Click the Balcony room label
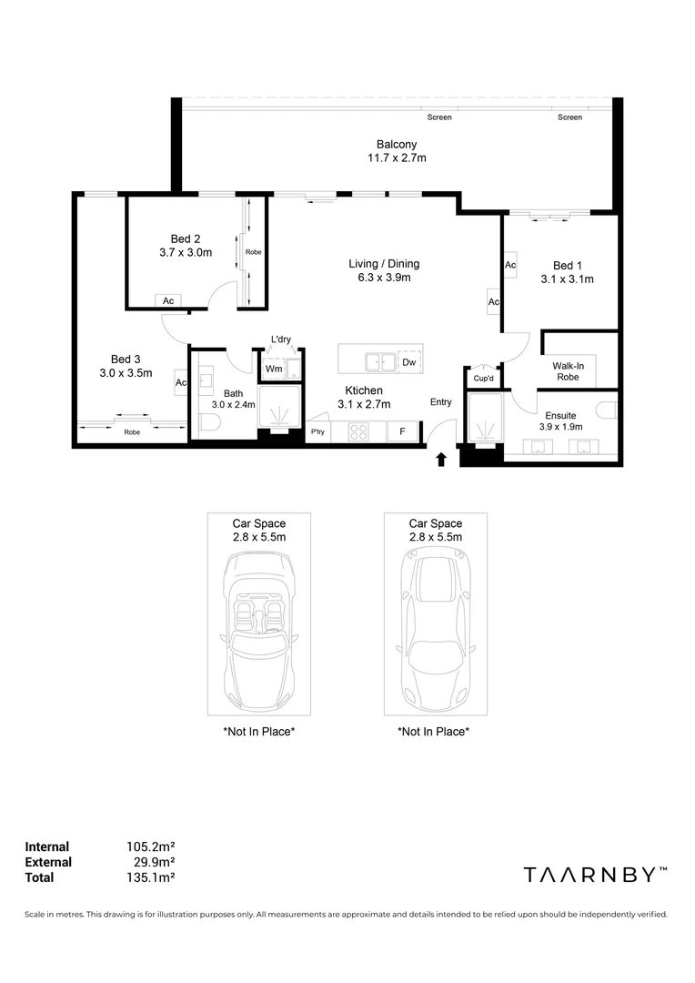point(397,145)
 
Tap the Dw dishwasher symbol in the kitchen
point(409,362)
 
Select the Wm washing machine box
point(273,369)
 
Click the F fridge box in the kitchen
point(402,431)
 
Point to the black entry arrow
point(441,459)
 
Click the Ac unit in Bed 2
point(168,300)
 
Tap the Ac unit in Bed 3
point(181,383)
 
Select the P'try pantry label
point(318,431)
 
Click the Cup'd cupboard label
point(482,379)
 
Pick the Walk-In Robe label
point(567,370)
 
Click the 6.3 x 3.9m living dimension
point(384,279)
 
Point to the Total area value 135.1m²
point(150,877)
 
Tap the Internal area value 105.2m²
point(150,846)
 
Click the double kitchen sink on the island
point(382,362)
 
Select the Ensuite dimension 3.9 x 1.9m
point(560,426)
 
